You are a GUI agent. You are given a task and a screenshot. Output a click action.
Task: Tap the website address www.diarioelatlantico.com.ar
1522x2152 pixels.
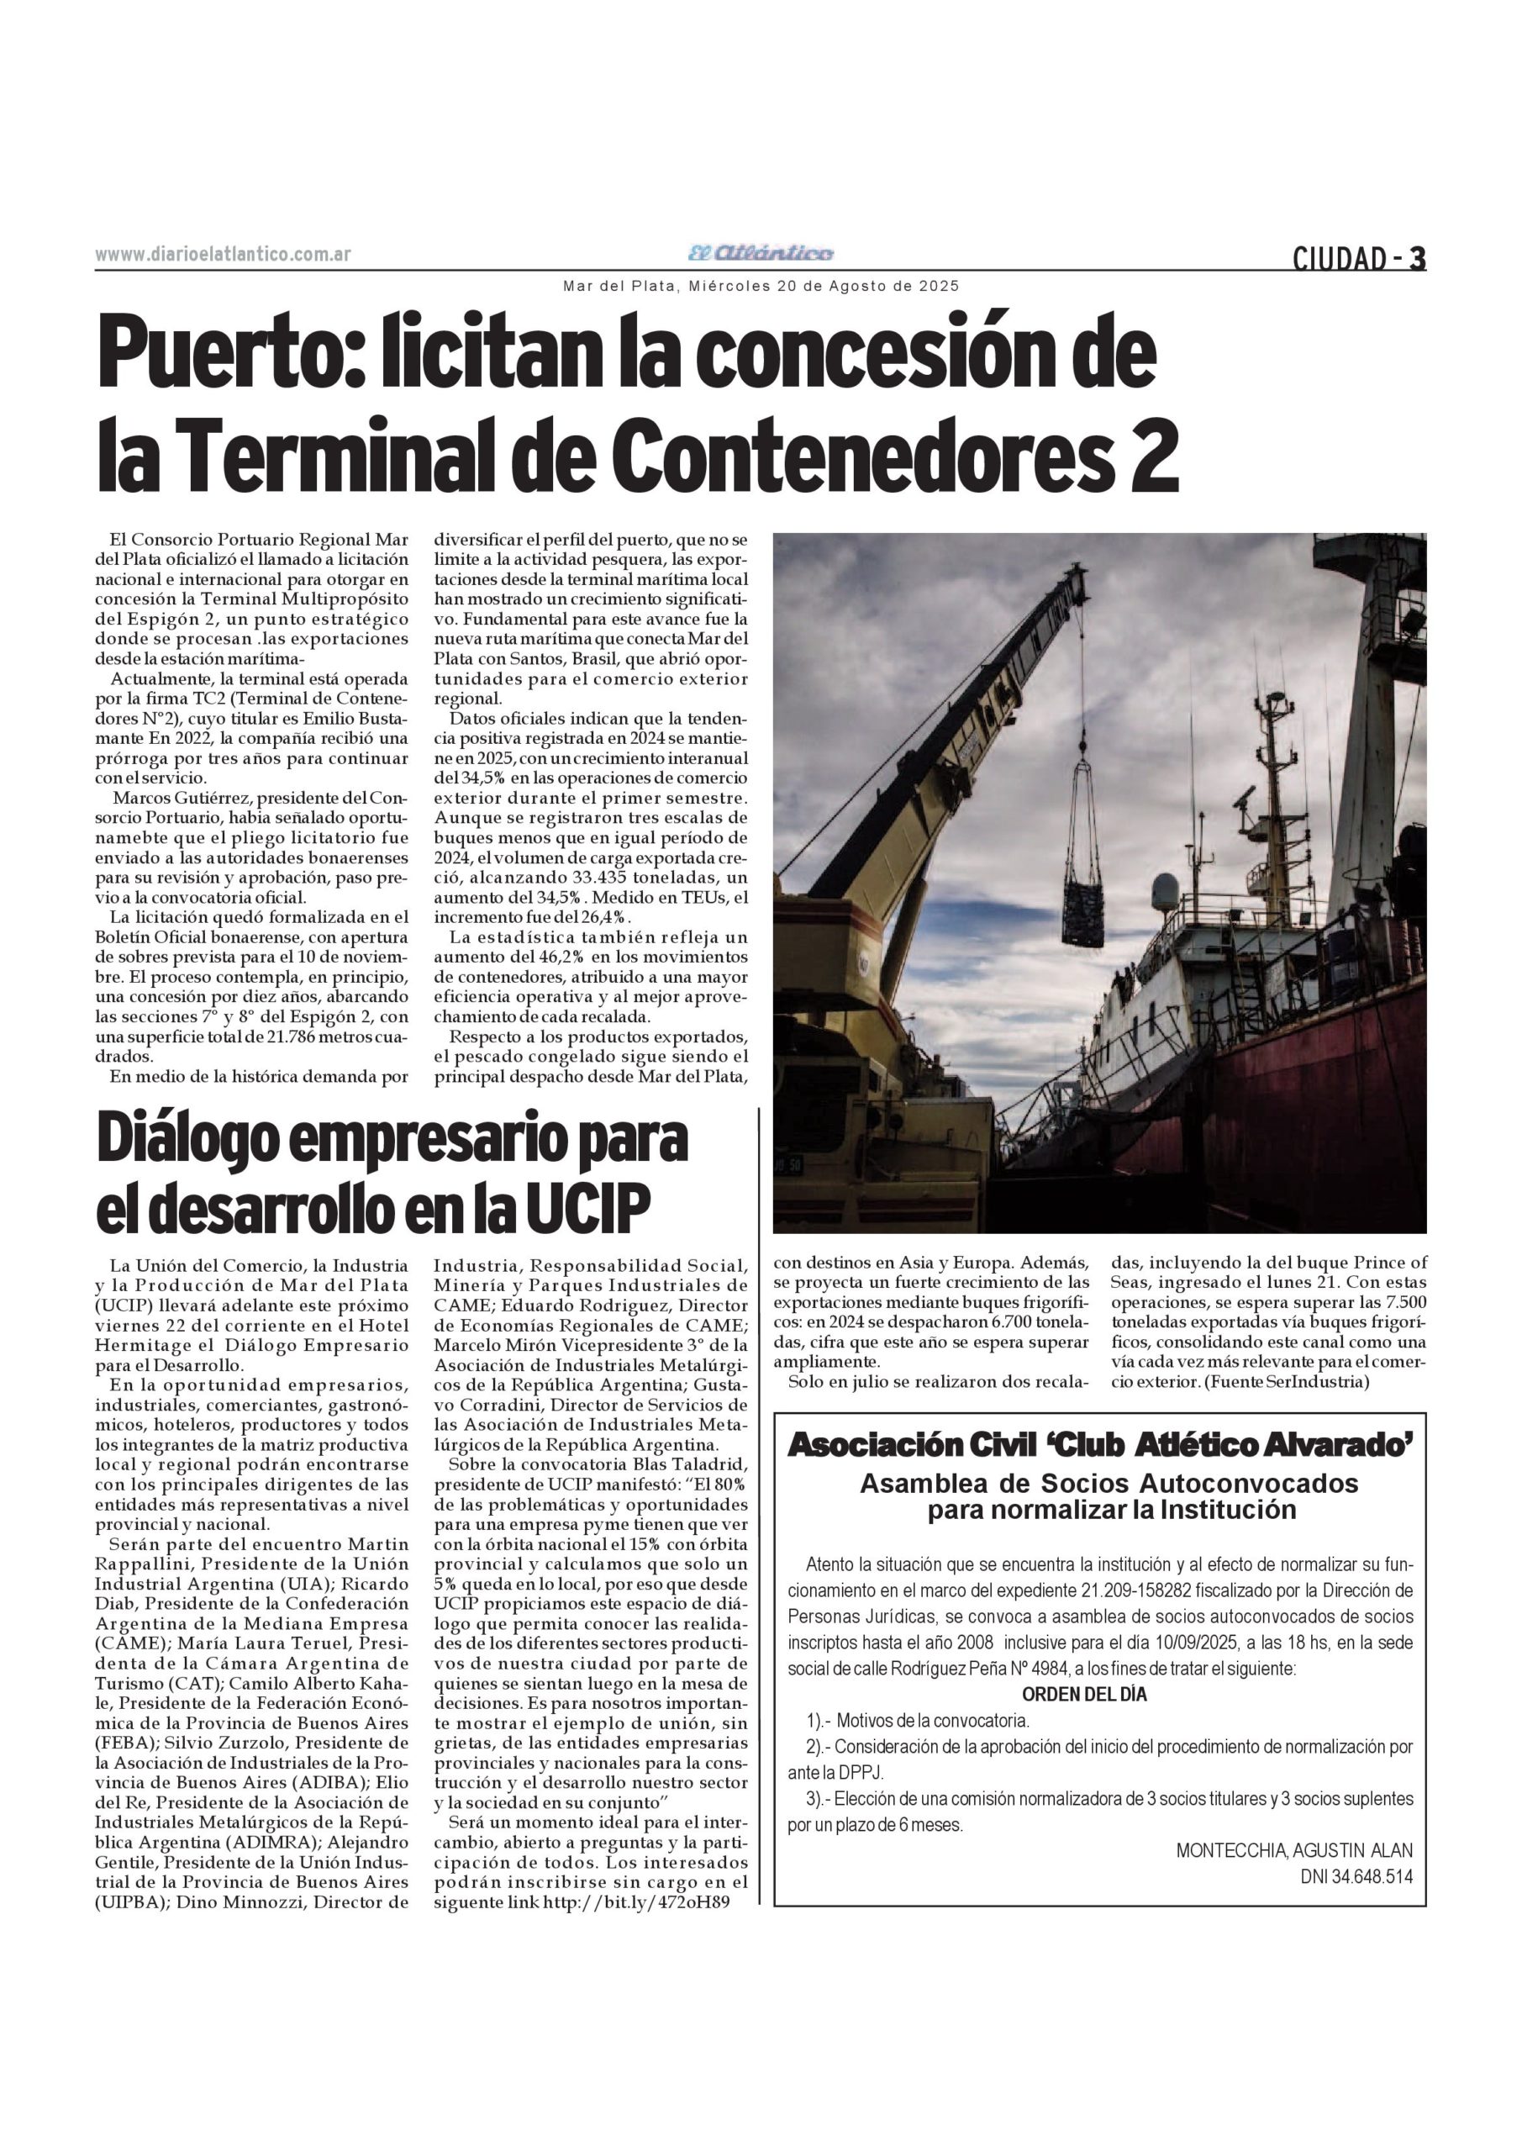click(x=223, y=254)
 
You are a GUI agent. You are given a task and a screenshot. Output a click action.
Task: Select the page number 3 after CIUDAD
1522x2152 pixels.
click(x=1418, y=258)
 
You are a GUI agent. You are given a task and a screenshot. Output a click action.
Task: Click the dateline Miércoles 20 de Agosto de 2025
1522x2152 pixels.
click(x=823, y=286)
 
